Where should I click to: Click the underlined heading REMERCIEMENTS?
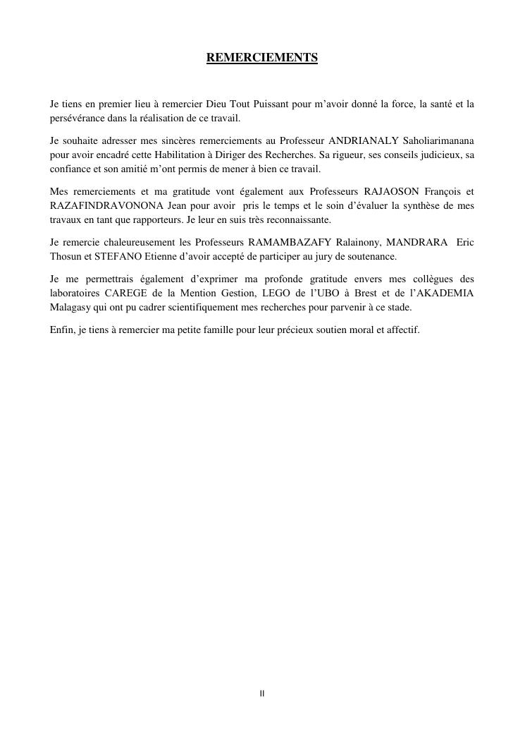tap(262, 58)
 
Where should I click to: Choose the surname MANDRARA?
tap(416, 243)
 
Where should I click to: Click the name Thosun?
tap(66, 256)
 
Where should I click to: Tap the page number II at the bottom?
tap(262, 694)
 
